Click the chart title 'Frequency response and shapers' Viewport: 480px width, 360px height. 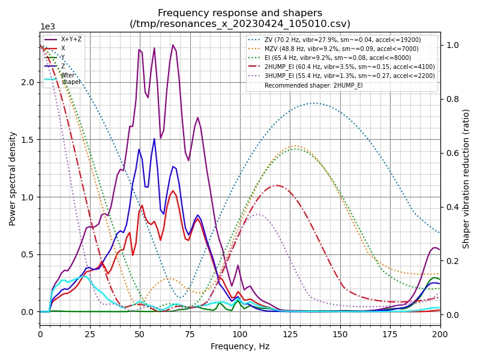pos(240,13)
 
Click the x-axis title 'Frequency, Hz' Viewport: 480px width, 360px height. pos(240,346)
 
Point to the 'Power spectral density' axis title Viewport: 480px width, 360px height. pos(13,178)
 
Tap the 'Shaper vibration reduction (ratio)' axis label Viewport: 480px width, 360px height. pos(466,178)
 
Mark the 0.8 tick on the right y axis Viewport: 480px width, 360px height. pos(451,99)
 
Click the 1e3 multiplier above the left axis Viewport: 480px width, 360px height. pos(47,27)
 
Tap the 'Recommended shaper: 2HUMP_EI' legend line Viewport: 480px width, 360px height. pos(322,85)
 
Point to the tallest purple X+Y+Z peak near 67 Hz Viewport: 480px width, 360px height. pos(173,45)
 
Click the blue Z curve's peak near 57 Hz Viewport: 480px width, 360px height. pos(154,139)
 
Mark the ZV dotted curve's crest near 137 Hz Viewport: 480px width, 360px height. pos(314,103)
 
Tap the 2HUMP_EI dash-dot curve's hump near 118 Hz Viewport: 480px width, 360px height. pos(276,185)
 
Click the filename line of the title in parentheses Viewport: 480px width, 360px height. pos(240,24)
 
